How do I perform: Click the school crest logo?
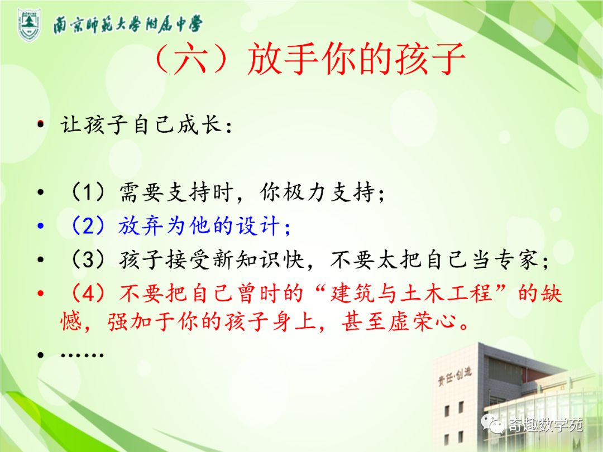point(29,25)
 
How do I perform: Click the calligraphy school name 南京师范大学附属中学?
point(128,25)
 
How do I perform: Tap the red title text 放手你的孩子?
point(356,59)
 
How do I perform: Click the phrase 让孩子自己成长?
point(141,124)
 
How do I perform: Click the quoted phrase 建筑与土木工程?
point(412,294)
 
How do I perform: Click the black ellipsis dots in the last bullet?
point(82,355)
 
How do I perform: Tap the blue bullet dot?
point(41,225)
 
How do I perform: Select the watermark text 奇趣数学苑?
point(545,425)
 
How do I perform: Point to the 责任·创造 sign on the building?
point(454,376)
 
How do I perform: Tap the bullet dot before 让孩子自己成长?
point(41,124)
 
